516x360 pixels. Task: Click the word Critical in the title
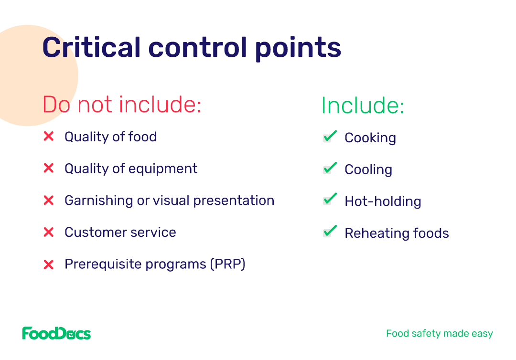tap(91, 47)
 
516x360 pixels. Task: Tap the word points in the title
tap(298, 49)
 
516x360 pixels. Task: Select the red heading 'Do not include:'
tap(122, 104)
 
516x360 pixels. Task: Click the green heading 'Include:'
tap(363, 105)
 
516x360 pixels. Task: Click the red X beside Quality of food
tap(49, 136)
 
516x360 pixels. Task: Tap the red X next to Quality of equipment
tap(49, 168)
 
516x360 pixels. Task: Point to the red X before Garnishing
tap(49, 200)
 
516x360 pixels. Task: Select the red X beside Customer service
tap(49, 232)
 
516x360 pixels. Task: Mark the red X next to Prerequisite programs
tap(49, 265)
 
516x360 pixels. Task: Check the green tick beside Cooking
tap(330, 136)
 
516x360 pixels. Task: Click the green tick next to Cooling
tap(330, 168)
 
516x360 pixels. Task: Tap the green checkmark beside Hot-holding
tap(330, 199)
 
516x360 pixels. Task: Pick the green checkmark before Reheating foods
tap(330, 231)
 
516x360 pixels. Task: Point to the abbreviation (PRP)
tap(228, 264)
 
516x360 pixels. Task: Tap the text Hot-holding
tap(383, 201)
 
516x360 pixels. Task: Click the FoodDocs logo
tap(56, 333)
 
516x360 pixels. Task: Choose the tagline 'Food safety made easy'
tap(440, 333)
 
